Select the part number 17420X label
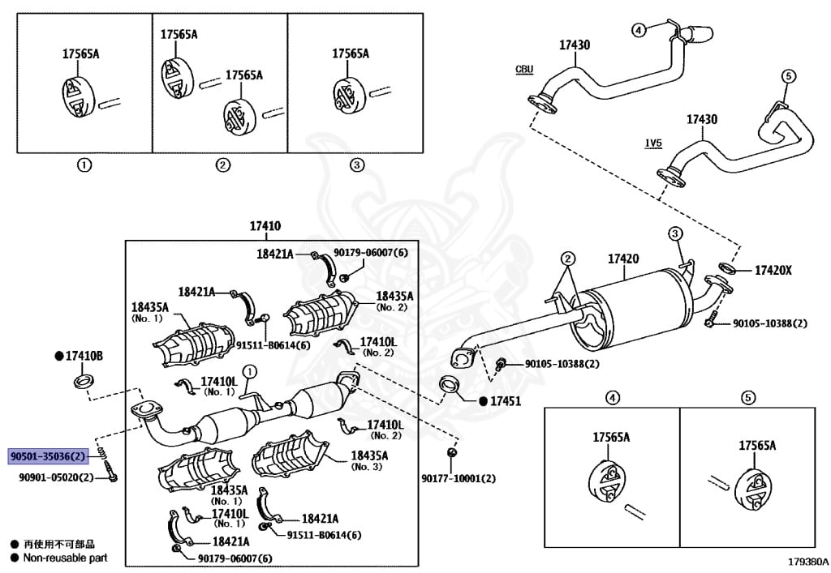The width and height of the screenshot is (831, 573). coord(773,270)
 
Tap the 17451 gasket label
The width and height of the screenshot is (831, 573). coord(505,401)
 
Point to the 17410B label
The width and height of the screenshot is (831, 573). coord(84,356)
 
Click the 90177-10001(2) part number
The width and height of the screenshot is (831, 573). coord(458,479)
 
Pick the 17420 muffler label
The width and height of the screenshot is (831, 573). coord(623,259)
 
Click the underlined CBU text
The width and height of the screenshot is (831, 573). coord(524,70)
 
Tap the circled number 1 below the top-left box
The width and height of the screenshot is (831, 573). coord(84,165)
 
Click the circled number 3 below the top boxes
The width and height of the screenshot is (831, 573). coord(357,165)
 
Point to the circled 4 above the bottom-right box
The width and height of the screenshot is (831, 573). coord(613,397)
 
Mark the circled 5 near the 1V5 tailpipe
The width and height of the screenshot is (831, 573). coord(786,76)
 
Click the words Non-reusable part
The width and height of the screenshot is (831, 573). coord(65,558)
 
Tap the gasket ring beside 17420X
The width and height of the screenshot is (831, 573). coord(727,269)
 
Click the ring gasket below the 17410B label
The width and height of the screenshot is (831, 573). coord(83,381)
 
